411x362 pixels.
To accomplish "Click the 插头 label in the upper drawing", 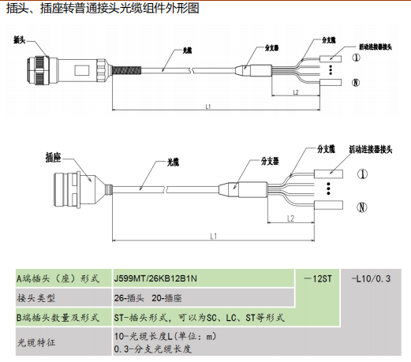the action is coord(20,40).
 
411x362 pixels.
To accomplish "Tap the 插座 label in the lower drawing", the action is coord(53,158).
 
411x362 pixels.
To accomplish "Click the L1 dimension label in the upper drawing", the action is coord(208,106).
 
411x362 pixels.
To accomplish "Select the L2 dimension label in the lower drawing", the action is coord(290,218).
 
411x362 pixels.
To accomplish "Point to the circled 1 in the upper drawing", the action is coord(357,58).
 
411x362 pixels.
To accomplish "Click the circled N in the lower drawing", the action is coord(362,207).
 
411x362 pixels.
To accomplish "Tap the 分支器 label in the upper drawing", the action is coord(271,48).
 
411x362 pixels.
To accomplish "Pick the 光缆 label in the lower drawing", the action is coord(173,162).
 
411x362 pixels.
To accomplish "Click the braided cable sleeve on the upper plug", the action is coord(127,70).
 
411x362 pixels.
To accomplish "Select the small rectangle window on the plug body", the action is coord(82,70).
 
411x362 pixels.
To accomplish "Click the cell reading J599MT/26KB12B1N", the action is coord(155,278).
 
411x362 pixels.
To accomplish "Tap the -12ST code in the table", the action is coord(318,278).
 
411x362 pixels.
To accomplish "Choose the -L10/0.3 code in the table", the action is coord(371,278).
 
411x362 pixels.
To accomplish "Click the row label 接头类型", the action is coord(36,298).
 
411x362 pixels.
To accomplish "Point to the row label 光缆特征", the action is coord(36,342).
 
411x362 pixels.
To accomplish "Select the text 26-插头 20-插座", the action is coord(148,298).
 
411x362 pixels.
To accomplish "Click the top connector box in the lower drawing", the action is coord(328,174).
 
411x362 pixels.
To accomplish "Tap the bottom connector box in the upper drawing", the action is coord(331,83).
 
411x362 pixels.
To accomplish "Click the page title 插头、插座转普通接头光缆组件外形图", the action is coord(103,8).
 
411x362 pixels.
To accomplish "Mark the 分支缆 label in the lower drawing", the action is coord(326,149).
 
